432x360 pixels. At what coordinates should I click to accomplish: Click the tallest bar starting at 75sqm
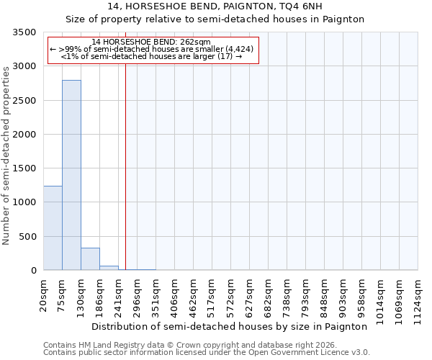pos(71,175)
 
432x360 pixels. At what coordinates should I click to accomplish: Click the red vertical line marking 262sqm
pos(125,166)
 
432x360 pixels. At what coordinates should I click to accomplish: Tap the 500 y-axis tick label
pos(28,237)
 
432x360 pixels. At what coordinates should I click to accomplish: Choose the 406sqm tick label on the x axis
pos(175,296)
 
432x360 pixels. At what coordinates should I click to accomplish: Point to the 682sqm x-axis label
pos(269,296)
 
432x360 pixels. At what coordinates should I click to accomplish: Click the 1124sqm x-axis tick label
pos(418,299)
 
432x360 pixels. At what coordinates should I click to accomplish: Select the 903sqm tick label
pos(343,296)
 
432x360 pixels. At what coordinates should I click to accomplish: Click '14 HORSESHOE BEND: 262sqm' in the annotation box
pos(151,42)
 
